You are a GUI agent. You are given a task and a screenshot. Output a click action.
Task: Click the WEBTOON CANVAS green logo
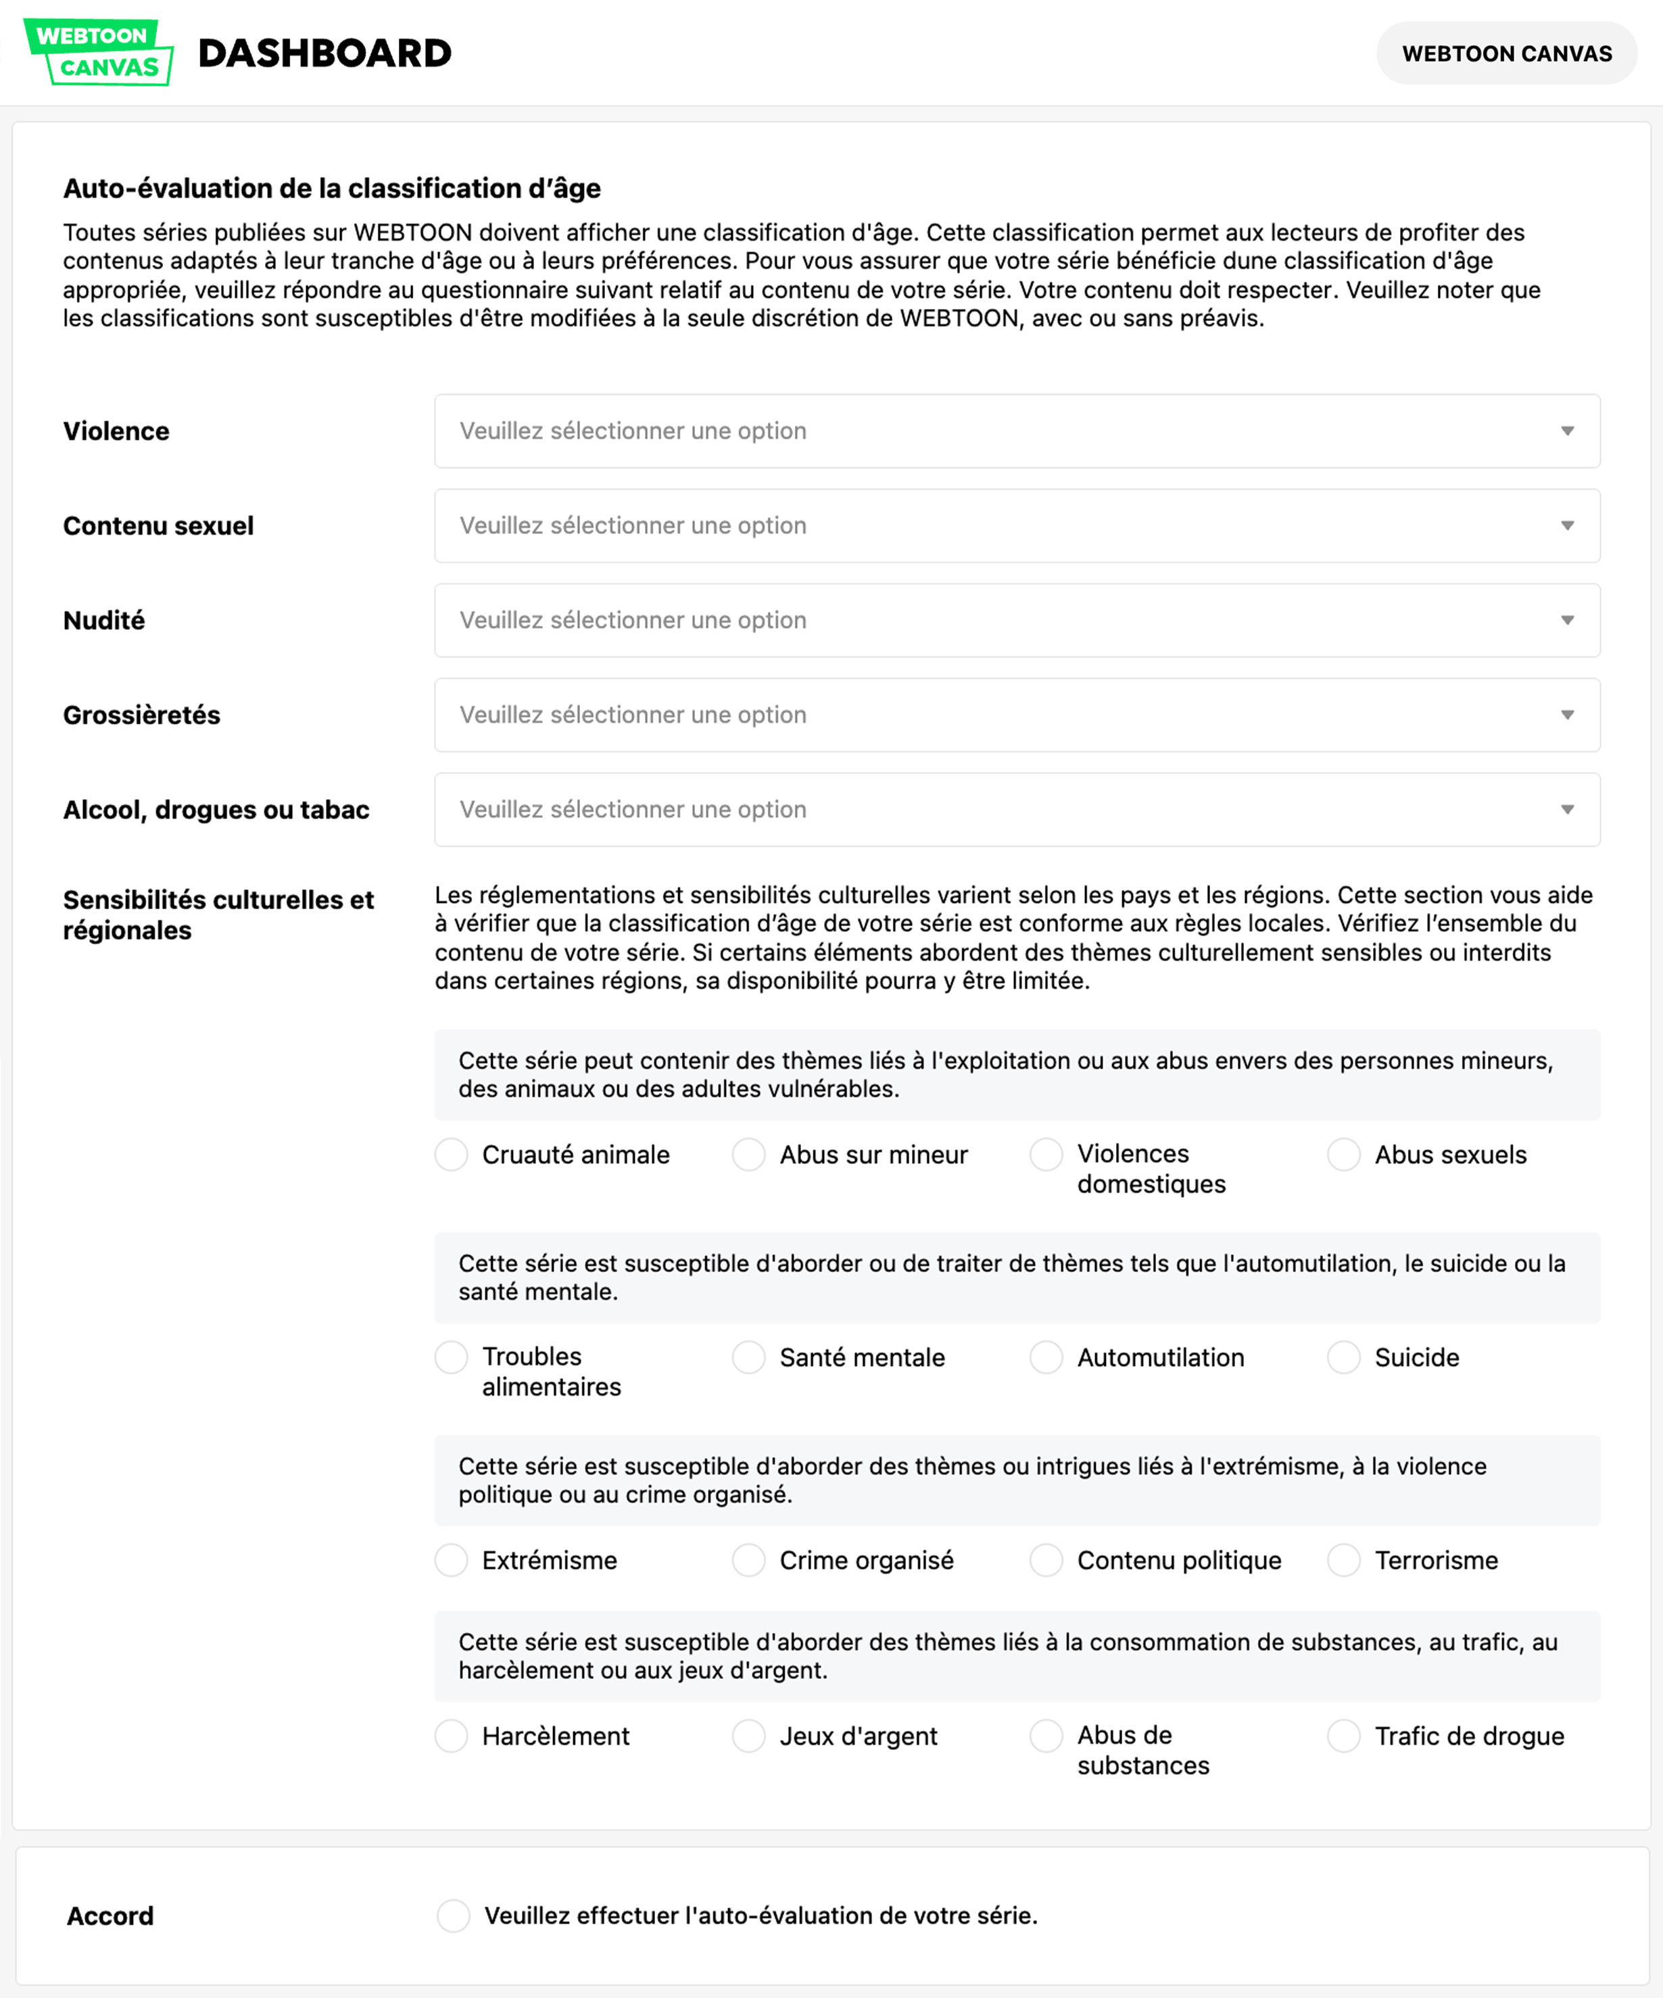click(x=98, y=52)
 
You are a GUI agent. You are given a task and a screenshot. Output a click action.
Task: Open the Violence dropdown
click(x=1016, y=431)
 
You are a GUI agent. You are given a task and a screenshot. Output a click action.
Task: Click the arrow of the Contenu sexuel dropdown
click(x=1566, y=526)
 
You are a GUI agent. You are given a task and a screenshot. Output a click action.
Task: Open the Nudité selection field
click(x=1016, y=620)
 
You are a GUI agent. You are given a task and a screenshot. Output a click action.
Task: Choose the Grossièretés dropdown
click(x=1016, y=714)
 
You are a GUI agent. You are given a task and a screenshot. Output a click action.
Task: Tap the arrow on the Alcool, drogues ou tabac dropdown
click(x=1566, y=810)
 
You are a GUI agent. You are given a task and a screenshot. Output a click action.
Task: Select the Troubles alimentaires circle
click(x=451, y=1358)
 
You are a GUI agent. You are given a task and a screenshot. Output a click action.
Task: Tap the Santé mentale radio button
click(x=749, y=1358)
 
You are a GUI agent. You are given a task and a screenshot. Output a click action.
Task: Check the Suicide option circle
click(x=1343, y=1358)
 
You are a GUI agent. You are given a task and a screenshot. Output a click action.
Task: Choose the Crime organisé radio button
click(x=749, y=1560)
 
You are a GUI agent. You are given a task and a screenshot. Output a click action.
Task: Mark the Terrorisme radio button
click(x=1343, y=1560)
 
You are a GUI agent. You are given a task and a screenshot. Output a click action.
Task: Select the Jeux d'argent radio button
click(x=749, y=1736)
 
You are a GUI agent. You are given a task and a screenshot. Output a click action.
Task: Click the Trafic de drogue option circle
click(x=1343, y=1736)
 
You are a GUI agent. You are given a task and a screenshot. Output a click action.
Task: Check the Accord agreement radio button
click(x=453, y=1916)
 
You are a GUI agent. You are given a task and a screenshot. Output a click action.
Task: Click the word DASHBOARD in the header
click(x=324, y=53)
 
